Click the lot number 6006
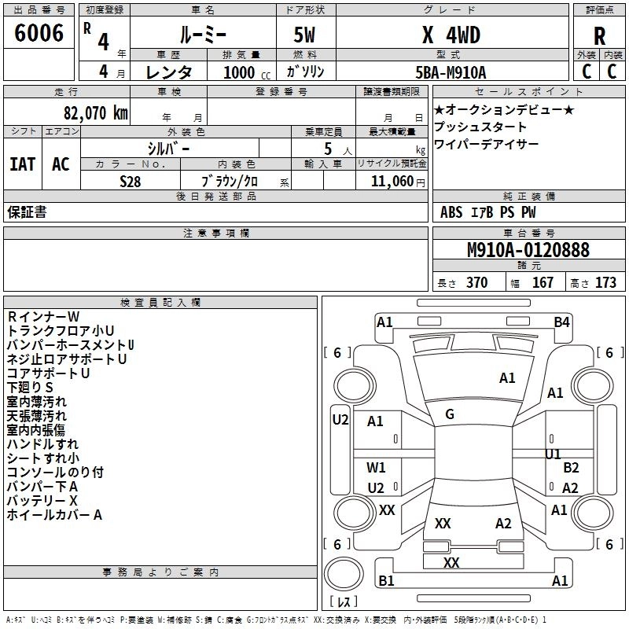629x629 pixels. point(39,33)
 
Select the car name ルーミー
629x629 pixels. point(202,35)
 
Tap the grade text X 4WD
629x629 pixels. point(451,35)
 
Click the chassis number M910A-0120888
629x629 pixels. point(528,251)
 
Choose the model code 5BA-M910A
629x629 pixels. point(451,72)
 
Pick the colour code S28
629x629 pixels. point(131,180)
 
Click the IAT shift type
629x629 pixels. point(22,164)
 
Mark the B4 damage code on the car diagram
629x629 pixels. point(561,322)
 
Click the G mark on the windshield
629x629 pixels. point(450,414)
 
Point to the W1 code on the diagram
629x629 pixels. point(377,467)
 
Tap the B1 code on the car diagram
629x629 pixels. point(386,581)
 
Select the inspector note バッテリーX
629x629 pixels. point(42,501)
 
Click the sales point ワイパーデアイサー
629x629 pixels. point(486,145)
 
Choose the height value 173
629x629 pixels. point(605,283)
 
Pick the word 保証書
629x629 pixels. point(27,212)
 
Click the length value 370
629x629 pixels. point(476,283)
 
